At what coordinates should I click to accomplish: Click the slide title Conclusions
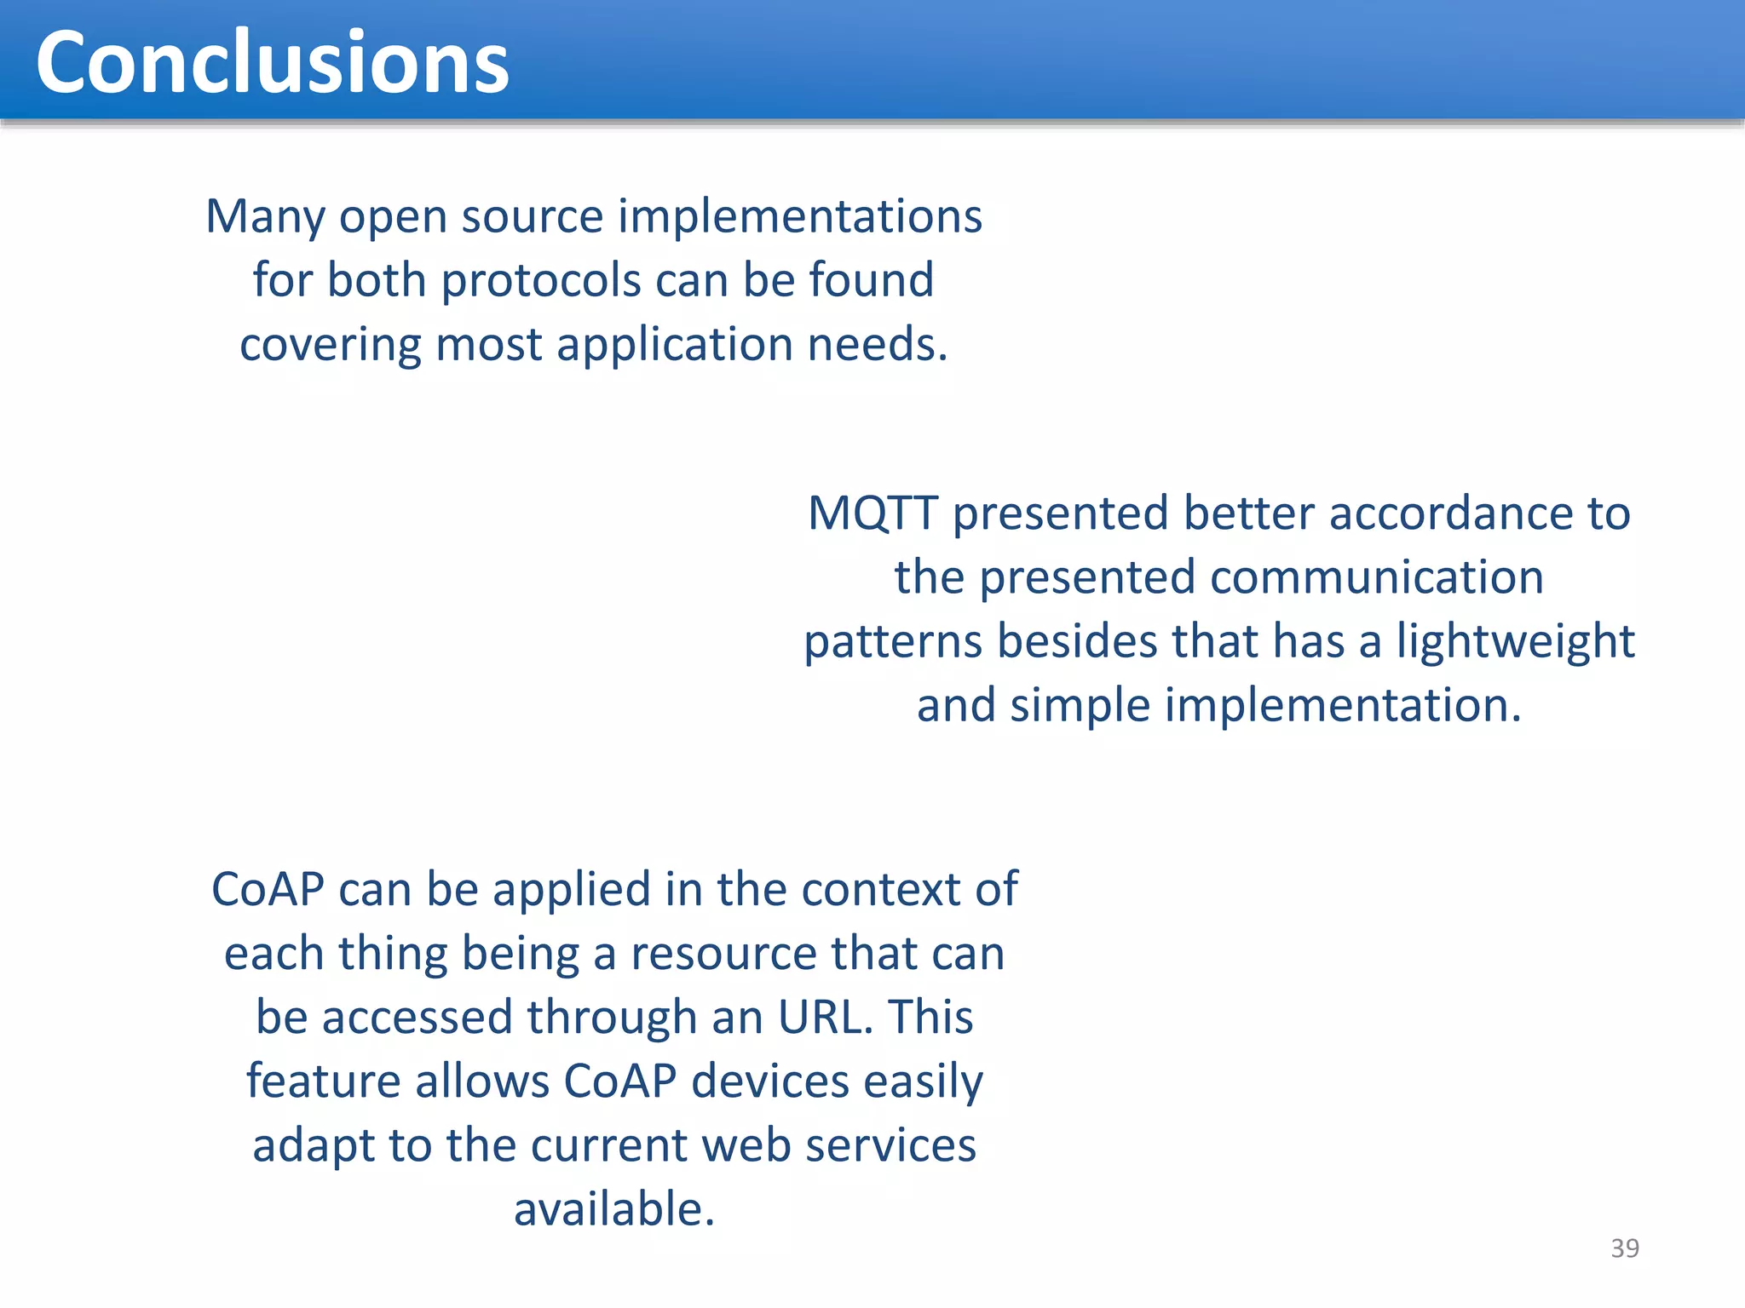tap(272, 62)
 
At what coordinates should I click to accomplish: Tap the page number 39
tap(1625, 1248)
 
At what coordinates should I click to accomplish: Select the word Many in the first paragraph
tap(265, 217)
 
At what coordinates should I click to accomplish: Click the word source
tap(533, 217)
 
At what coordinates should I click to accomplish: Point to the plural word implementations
tap(799, 217)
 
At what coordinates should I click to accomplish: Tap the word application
tap(675, 346)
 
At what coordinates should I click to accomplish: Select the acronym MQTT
tap(872, 513)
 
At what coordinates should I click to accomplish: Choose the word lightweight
tap(1515, 642)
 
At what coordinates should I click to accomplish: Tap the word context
tap(881, 890)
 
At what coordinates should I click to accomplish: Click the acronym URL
tap(825, 1018)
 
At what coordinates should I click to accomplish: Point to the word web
tap(747, 1146)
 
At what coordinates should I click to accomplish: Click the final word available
tap(613, 1210)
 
